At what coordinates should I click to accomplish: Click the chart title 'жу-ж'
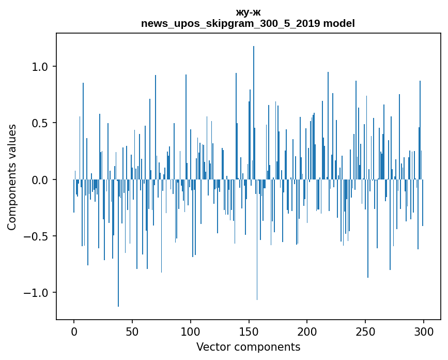(x=248, y=12)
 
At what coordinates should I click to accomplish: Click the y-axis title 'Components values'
(x=12, y=177)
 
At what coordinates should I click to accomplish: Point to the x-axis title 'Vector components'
(x=248, y=347)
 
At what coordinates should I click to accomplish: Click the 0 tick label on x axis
(x=74, y=331)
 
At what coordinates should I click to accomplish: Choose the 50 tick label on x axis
(x=132, y=331)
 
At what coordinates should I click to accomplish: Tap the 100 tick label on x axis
(x=191, y=331)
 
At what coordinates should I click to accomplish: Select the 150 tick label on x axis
(x=249, y=331)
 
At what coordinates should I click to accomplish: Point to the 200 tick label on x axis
(x=307, y=331)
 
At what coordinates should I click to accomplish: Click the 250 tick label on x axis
(x=365, y=331)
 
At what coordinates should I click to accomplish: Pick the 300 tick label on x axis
(x=424, y=331)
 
